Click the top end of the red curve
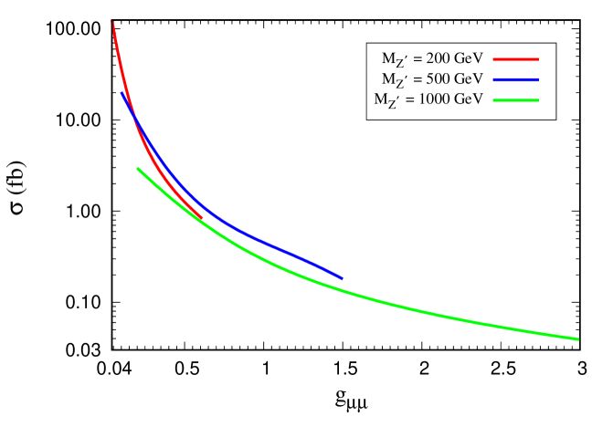click(112, 22)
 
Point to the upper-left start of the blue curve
click(122, 92)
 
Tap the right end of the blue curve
click(342, 278)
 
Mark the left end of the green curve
click(138, 168)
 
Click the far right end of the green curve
click(577, 338)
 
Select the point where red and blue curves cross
click(134, 116)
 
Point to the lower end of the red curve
click(202, 217)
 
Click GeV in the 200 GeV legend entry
click(466, 57)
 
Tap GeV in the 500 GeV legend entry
click(466, 78)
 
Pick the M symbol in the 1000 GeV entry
click(381, 99)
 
